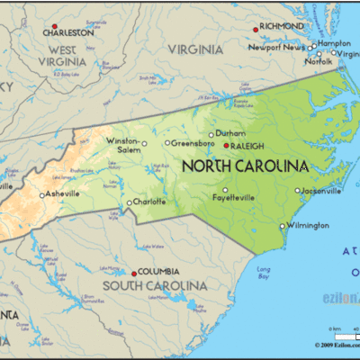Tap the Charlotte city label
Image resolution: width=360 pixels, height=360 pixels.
pyautogui.click(x=149, y=202)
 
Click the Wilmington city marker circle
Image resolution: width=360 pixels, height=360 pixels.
pyautogui.click(x=283, y=226)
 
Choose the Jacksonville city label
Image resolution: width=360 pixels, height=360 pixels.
pyautogui.click(x=322, y=191)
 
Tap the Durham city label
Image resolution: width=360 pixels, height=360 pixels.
pyautogui.click(x=230, y=133)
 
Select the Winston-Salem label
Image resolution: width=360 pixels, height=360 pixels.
pyautogui.click(x=122, y=146)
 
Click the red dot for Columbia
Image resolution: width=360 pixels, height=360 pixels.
pyautogui.click(x=134, y=273)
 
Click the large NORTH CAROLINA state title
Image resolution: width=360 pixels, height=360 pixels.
pyautogui.click(x=245, y=166)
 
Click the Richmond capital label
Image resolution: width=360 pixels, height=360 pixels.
pyautogui.click(x=282, y=27)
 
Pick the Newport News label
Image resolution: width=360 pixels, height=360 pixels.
pyautogui.click(x=277, y=47)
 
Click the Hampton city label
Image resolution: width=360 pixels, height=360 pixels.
pyautogui.click(x=333, y=42)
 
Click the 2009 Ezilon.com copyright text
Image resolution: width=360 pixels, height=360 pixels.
pyautogui.click(x=337, y=345)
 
